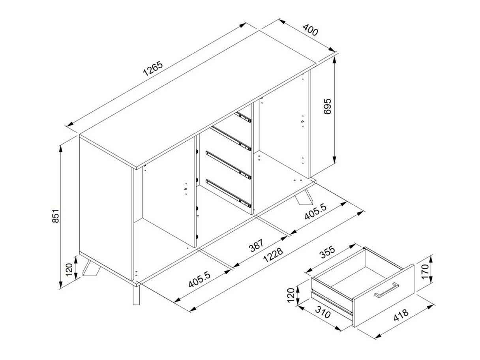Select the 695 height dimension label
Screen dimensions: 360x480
point(328,107)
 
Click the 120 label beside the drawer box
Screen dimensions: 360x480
point(291,296)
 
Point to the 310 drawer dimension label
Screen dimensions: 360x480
point(322,314)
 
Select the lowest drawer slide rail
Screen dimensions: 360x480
point(229,193)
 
